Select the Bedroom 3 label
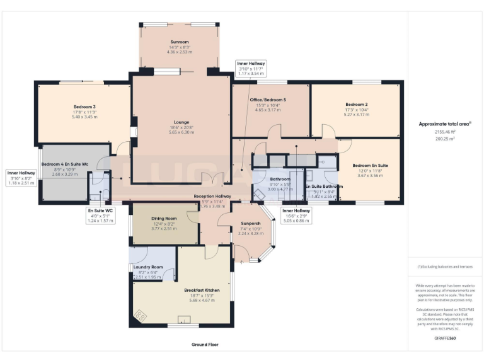[x=84, y=107]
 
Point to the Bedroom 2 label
[x=356, y=104]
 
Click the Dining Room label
[x=163, y=219]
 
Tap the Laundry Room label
[x=148, y=267]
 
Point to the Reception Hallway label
[x=212, y=197]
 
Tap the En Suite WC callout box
[x=100, y=216]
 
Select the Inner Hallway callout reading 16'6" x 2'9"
[x=296, y=216]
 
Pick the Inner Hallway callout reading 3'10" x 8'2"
[x=21, y=177]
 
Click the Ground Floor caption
[x=205, y=345]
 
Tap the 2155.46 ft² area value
[x=445, y=132]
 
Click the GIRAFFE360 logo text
[x=445, y=338]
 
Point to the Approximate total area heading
[x=445, y=124]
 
